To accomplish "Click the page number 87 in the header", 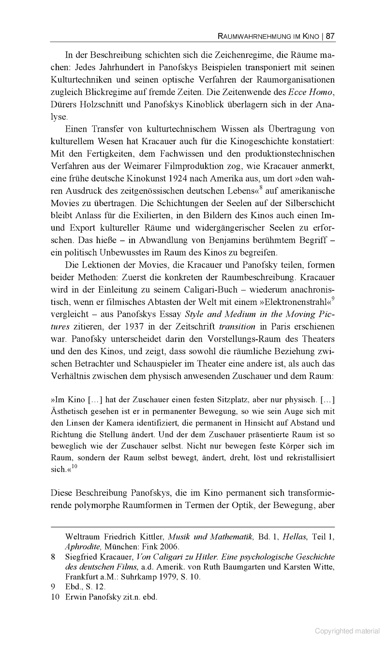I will pos(330,36).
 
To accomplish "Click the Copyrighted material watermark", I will pos(347,631).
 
